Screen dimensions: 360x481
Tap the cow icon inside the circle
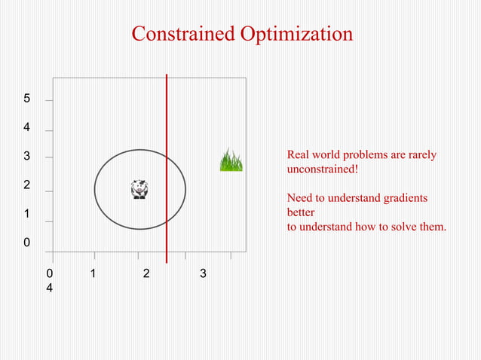coord(139,189)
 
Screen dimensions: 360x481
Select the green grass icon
coord(231,160)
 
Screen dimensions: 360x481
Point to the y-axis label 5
coord(26,99)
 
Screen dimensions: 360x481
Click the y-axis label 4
coord(26,128)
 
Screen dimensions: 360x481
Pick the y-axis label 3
coord(26,157)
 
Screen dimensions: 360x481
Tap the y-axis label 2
coord(26,185)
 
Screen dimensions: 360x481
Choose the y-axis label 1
coord(26,214)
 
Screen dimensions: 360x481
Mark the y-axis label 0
coord(26,243)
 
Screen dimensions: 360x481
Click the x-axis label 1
coord(93,273)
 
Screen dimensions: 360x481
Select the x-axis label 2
coord(146,273)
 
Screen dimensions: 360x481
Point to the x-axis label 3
coord(203,273)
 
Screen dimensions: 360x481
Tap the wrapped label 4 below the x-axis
coord(50,288)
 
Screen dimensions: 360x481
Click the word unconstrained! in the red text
coord(323,169)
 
